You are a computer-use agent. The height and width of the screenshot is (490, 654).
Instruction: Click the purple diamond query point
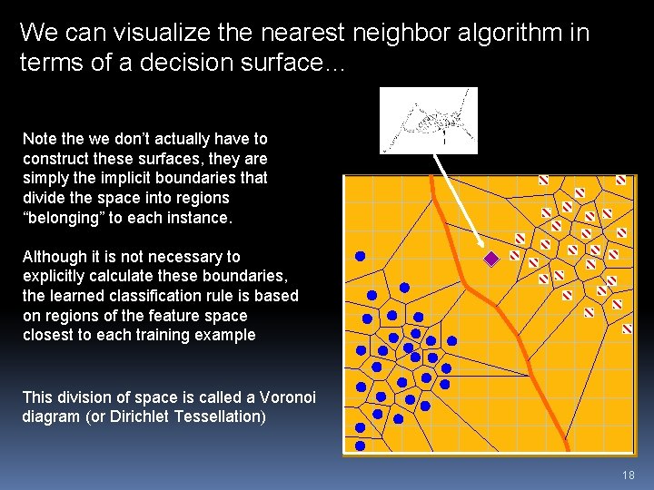point(491,259)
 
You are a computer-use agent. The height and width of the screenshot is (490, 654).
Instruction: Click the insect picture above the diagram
point(428,120)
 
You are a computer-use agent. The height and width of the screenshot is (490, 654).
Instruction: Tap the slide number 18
point(629,475)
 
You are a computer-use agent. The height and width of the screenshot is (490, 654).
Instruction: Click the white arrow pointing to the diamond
point(454,199)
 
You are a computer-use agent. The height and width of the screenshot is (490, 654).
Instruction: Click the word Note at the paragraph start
point(39,139)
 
